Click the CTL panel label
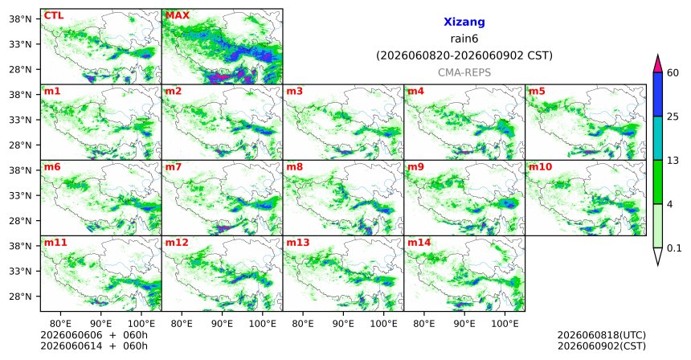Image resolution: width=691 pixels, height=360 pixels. pos(54,16)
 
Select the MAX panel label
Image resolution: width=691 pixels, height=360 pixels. pos(177,16)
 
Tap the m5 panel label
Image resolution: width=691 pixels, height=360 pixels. pos(537,92)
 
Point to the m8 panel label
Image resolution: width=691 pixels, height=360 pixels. pos(295,167)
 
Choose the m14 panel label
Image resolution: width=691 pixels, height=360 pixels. pos(419,243)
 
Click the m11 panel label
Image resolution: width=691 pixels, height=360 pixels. pos(55,243)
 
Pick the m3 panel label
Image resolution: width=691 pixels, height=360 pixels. pos(295,92)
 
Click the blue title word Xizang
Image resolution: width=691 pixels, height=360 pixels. pos(464,22)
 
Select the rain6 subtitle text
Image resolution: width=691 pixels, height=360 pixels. pos(464,39)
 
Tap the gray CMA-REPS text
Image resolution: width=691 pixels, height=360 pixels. pos(464,72)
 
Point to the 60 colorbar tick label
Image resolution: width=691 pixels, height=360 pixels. pos(673,72)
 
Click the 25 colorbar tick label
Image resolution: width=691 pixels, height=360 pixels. pos(673,117)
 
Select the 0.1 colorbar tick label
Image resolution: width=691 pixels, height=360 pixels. pos(674,248)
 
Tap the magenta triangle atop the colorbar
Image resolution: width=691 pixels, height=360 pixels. pos(658,64)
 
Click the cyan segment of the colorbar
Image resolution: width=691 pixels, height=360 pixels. pos(658,138)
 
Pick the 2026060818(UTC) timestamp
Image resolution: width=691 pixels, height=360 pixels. pos(602,336)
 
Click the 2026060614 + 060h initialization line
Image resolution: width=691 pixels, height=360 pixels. pos(94,346)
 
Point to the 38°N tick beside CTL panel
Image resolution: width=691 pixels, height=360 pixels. pos(20,19)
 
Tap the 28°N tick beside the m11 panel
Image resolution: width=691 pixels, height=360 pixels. pos(20,297)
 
